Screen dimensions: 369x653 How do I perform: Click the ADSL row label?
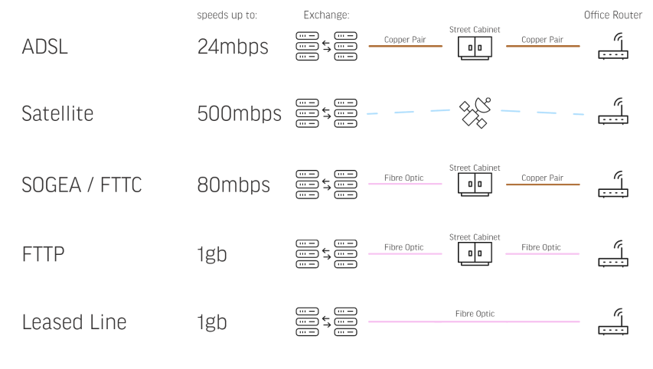(45, 47)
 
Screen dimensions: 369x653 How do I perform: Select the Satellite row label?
(57, 114)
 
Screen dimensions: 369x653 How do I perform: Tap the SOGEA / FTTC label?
(82, 184)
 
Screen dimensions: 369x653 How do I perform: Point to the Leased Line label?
(73, 322)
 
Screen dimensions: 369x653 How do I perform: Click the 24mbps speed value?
(233, 47)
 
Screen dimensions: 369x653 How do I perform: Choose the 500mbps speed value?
(239, 114)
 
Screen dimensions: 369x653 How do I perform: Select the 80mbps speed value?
(233, 184)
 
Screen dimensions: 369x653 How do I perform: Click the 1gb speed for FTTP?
(212, 254)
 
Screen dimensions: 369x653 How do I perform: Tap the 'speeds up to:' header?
(227, 15)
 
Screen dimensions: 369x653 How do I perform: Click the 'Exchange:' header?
(326, 15)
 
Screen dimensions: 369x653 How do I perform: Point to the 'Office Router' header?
(613, 15)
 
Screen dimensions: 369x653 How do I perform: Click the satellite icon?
(474, 114)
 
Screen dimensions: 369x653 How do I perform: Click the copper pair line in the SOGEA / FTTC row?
(543, 184)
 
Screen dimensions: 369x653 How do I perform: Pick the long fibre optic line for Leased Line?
(474, 322)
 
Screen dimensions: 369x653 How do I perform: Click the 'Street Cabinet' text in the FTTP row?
(475, 237)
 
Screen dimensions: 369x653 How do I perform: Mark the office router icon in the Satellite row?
(613, 114)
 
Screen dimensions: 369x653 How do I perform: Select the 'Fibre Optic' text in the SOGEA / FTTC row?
(405, 178)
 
